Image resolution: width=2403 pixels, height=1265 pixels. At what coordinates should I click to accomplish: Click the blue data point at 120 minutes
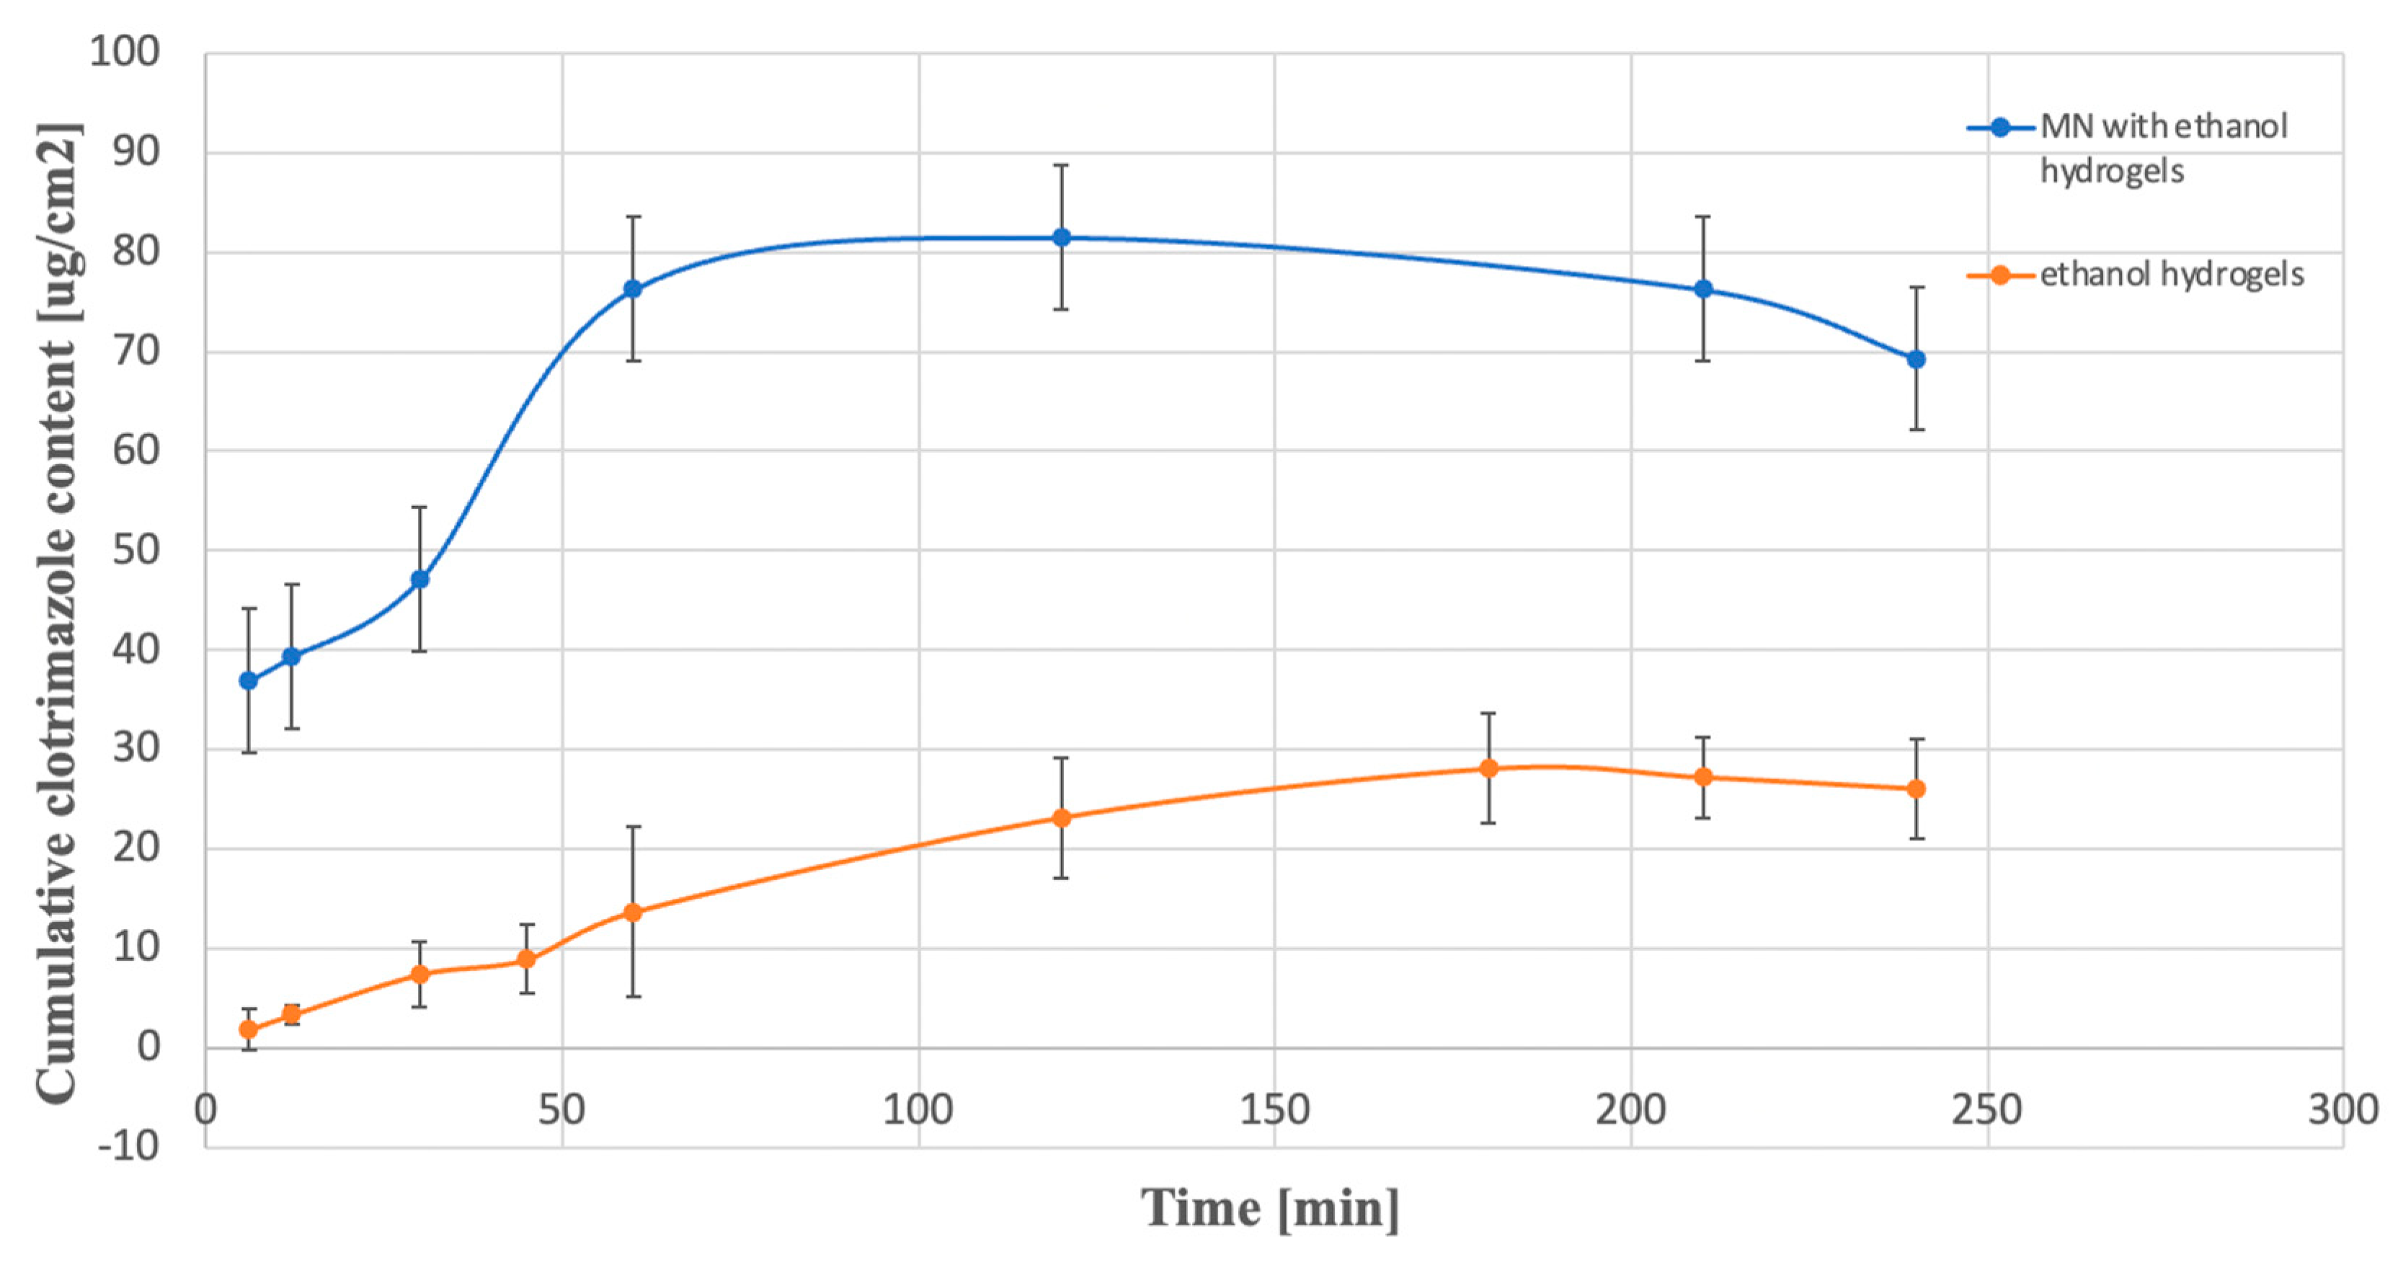click(x=1062, y=237)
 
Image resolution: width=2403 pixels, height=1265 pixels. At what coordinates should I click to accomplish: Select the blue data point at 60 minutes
click(x=634, y=288)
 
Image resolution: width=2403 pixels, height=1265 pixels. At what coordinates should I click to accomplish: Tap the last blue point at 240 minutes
click(x=1916, y=359)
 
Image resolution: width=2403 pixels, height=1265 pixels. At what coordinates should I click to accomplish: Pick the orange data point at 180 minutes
click(x=1489, y=768)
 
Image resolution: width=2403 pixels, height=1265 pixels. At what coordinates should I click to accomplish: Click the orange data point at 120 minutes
click(x=1062, y=818)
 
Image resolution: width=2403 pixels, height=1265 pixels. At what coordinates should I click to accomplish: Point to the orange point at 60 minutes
click(x=634, y=913)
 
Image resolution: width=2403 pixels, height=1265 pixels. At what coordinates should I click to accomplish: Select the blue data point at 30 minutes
click(x=419, y=580)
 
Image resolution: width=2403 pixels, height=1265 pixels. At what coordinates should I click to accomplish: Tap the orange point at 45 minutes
click(x=527, y=959)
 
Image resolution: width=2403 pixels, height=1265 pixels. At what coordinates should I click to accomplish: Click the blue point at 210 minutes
click(x=1703, y=288)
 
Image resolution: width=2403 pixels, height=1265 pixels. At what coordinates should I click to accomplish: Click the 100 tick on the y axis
click(x=125, y=51)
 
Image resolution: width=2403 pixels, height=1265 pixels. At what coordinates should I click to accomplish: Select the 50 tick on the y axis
click(x=136, y=551)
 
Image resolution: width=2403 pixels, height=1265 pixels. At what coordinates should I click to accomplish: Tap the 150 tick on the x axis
click(x=1274, y=1110)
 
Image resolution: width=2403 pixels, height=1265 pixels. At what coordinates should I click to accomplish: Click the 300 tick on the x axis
click(x=2342, y=1110)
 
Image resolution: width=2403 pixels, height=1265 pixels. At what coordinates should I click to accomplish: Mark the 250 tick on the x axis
click(x=1987, y=1110)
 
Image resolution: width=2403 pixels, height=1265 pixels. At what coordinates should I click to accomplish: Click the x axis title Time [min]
click(x=1271, y=1208)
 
